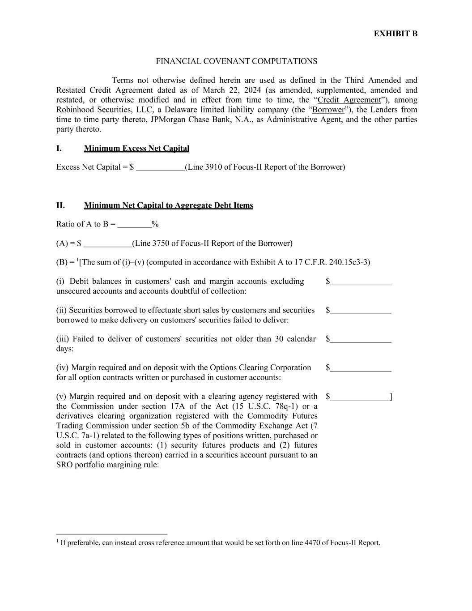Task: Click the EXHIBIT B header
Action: [x=395, y=34]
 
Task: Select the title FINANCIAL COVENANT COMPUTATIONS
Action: [x=236, y=61]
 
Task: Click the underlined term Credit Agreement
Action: [x=349, y=100]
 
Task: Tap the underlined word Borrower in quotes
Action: [x=328, y=110]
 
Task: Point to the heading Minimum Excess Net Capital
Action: [x=136, y=148]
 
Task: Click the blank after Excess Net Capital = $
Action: [x=160, y=167]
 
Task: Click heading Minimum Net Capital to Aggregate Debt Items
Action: [x=168, y=205]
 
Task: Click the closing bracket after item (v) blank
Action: [x=391, y=397]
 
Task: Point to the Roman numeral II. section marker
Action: [x=60, y=205]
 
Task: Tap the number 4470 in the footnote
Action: [x=312, y=543]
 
